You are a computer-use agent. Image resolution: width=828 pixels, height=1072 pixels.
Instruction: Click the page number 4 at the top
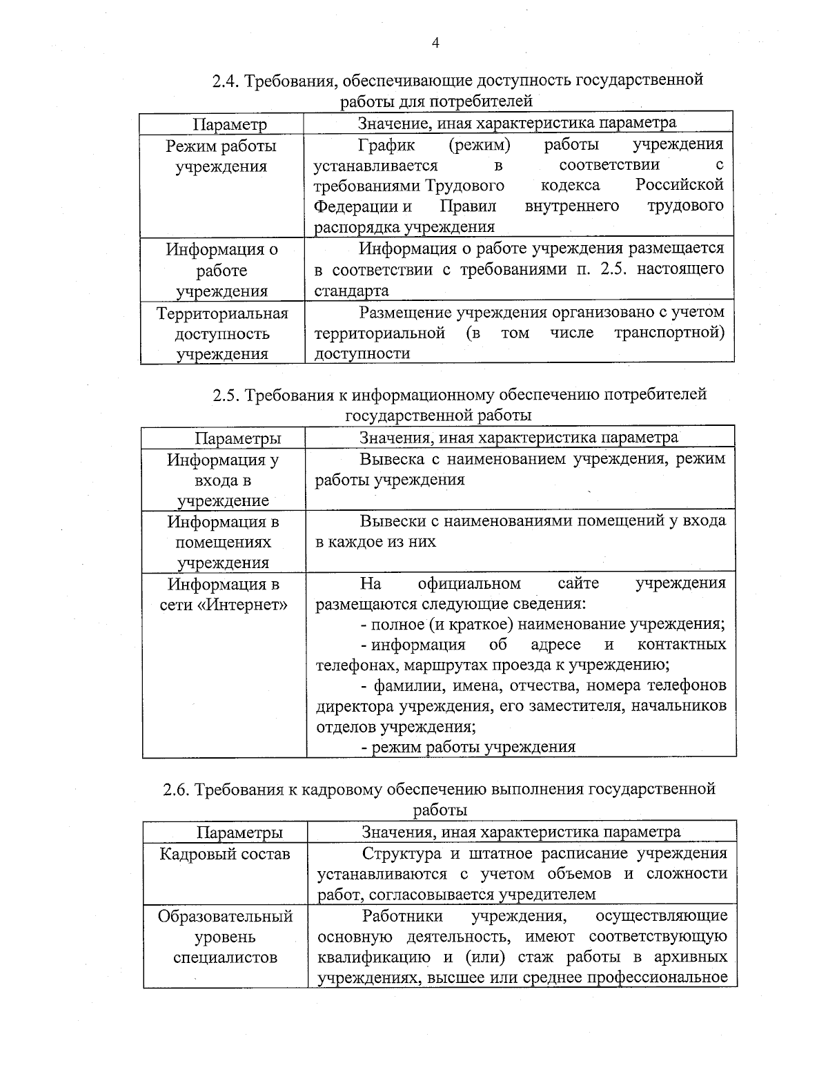point(435,43)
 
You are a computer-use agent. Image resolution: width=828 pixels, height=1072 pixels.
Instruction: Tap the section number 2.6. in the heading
point(177,789)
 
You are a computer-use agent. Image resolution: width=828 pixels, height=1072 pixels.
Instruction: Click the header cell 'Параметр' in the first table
point(229,125)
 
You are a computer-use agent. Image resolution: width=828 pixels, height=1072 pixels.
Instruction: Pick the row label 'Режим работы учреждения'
point(221,156)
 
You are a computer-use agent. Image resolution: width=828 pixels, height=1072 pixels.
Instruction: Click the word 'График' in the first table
point(386,145)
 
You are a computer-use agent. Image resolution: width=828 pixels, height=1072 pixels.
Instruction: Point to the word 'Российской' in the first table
point(679,185)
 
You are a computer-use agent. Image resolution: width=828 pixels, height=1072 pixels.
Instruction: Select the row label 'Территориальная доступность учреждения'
point(221,334)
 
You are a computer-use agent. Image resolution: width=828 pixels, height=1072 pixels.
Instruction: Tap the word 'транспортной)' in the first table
point(669,333)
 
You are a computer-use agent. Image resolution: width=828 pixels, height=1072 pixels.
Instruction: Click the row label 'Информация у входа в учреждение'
point(222,480)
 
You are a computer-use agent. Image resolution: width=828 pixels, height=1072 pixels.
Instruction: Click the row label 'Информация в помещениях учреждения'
point(224,542)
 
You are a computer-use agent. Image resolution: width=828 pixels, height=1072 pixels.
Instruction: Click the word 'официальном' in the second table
point(469,584)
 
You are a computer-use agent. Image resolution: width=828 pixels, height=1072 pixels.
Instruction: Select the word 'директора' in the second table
point(348,707)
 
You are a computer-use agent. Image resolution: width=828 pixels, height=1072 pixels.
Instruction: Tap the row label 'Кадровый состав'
point(225,855)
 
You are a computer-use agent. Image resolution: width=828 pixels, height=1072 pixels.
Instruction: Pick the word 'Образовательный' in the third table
point(225,917)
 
